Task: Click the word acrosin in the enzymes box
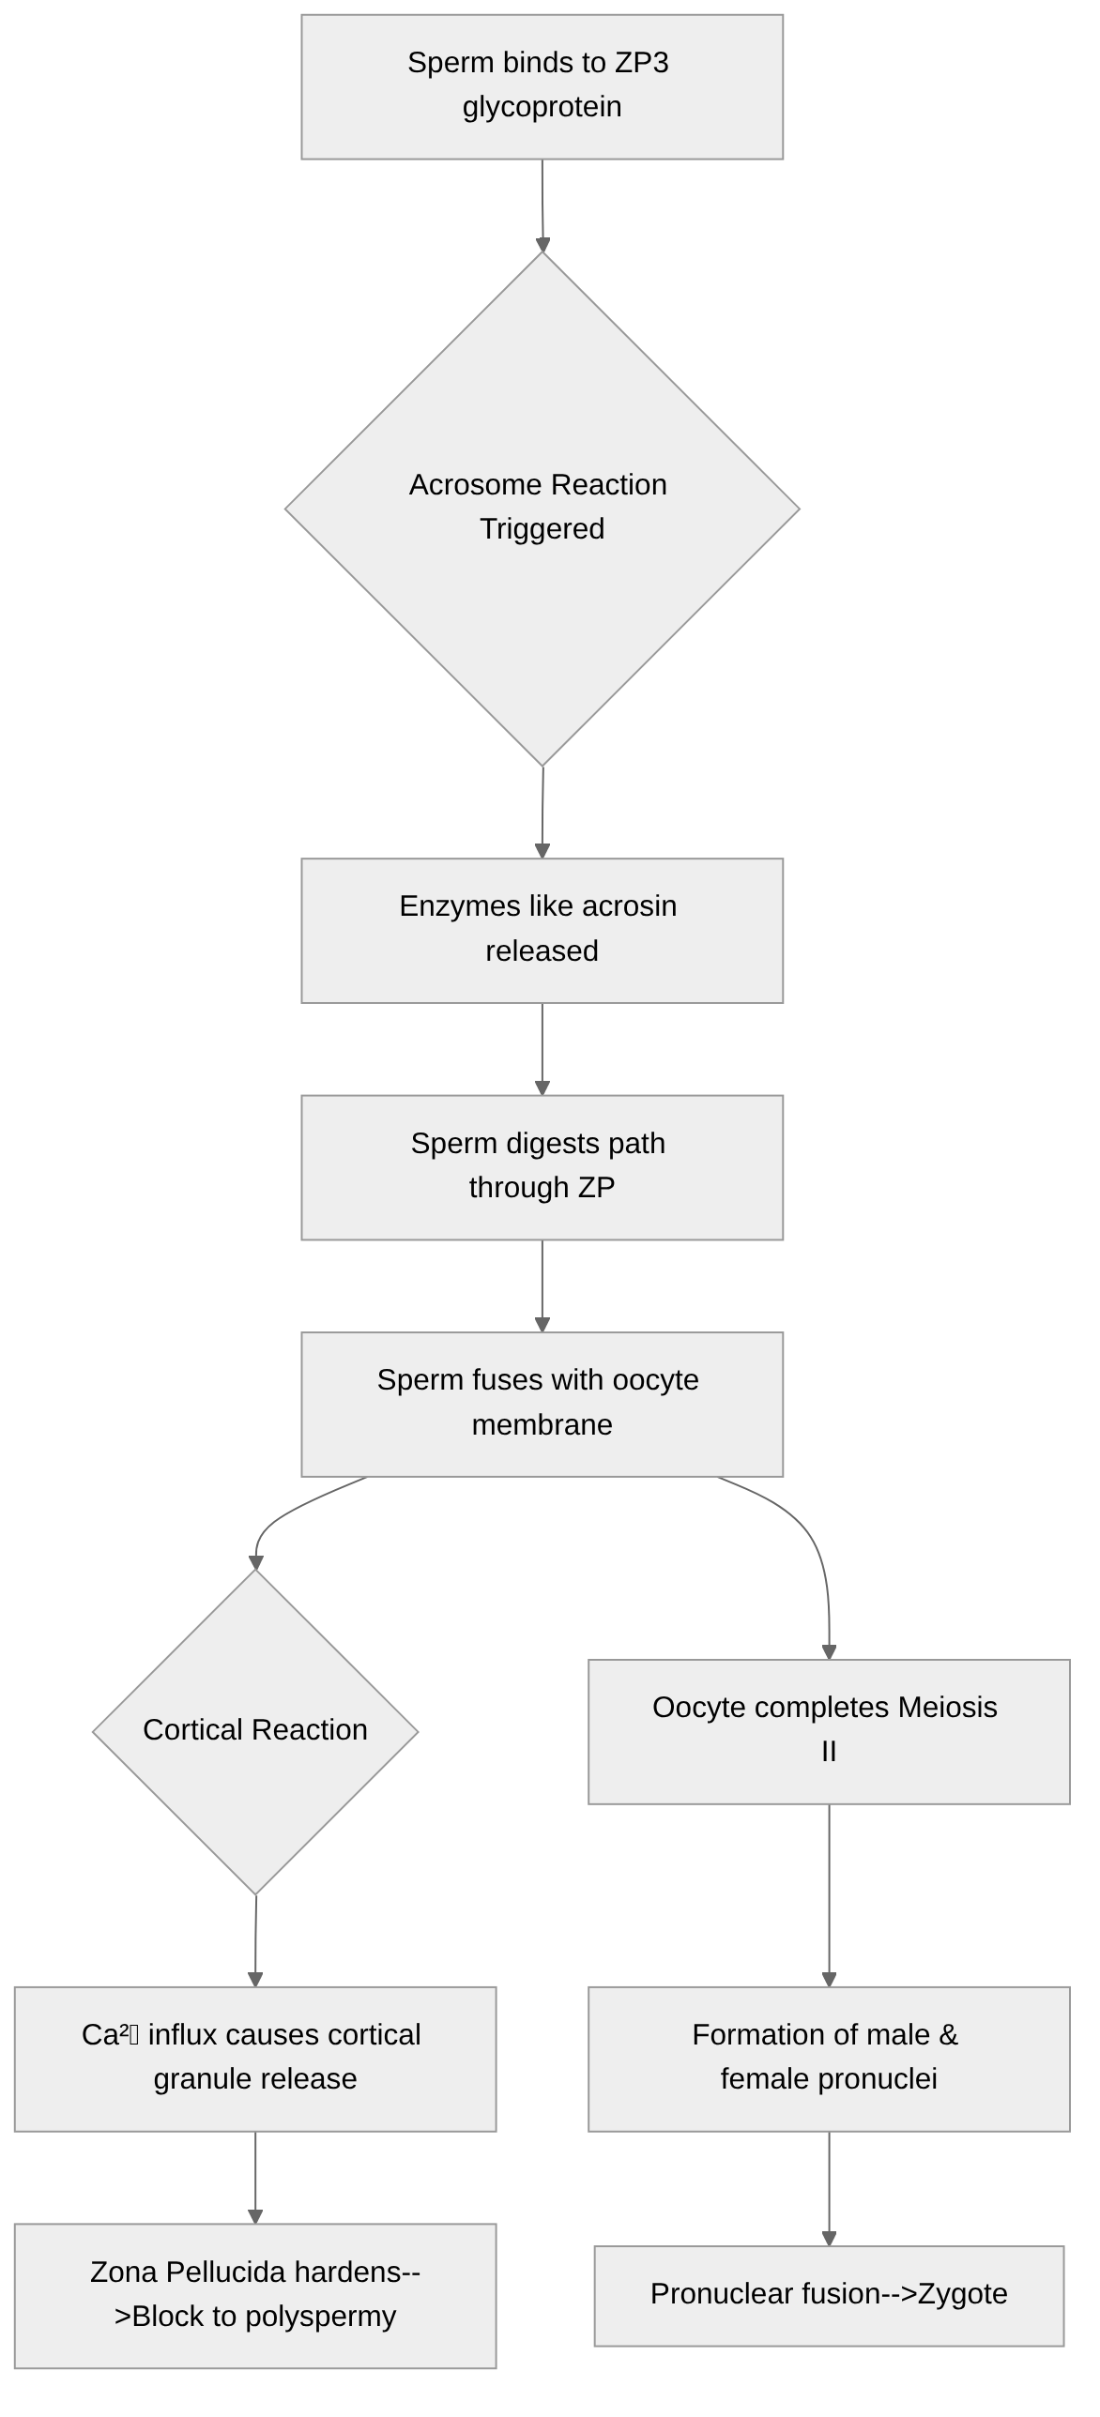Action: (x=629, y=906)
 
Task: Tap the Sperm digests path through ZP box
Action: (x=542, y=1166)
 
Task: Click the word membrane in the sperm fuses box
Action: (x=542, y=1424)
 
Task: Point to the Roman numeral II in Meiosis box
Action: (x=828, y=1752)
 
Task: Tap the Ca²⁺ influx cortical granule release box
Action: (x=255, y=2058)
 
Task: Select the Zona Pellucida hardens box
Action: (x=255, y=2295)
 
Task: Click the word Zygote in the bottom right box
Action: (x=962, y=2294)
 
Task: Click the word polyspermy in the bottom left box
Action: (x=321, y=2317)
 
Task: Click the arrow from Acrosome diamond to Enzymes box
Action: (x=542, y=812)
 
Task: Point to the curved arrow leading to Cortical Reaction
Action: (x=282, y=1511)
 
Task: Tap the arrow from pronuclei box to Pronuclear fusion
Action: (x=829, y=2187)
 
